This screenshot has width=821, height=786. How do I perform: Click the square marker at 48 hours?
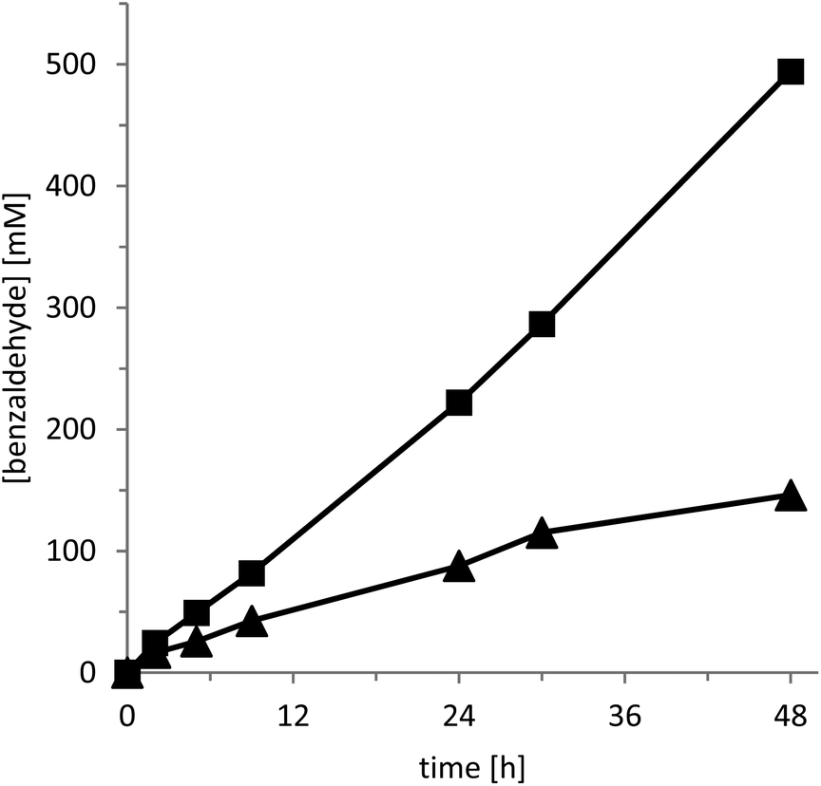(x=791, y=71)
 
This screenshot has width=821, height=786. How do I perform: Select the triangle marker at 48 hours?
(x=791, y=496)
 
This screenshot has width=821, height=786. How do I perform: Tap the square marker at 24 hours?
(x=459, y=402)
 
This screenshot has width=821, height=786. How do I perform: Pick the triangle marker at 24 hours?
(x=459, y=567)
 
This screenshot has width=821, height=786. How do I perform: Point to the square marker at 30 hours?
(x=542, y=324)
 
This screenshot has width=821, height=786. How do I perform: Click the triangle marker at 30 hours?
(x=542, y=533)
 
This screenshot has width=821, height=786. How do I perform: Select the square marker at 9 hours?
(x=252, y=572)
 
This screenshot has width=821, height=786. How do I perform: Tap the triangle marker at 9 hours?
(x=252, y=622)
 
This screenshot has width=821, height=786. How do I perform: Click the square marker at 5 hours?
(x=196, y=612)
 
